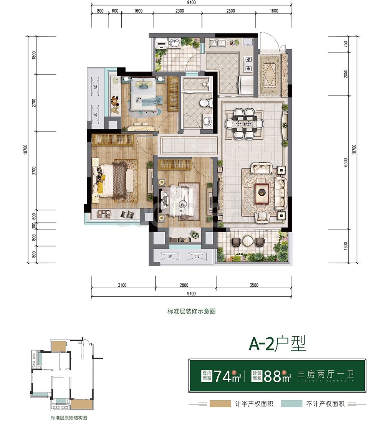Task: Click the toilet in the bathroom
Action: tap(205, 102)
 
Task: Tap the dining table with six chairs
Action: tap(245, 124)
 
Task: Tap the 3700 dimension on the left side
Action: tap(34, 170)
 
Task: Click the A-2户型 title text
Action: tap(277, 343)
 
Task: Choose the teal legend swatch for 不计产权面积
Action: tap(290, 404)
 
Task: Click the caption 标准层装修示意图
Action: tap(192, 312)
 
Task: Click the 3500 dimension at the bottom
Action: tap(253, 285)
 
